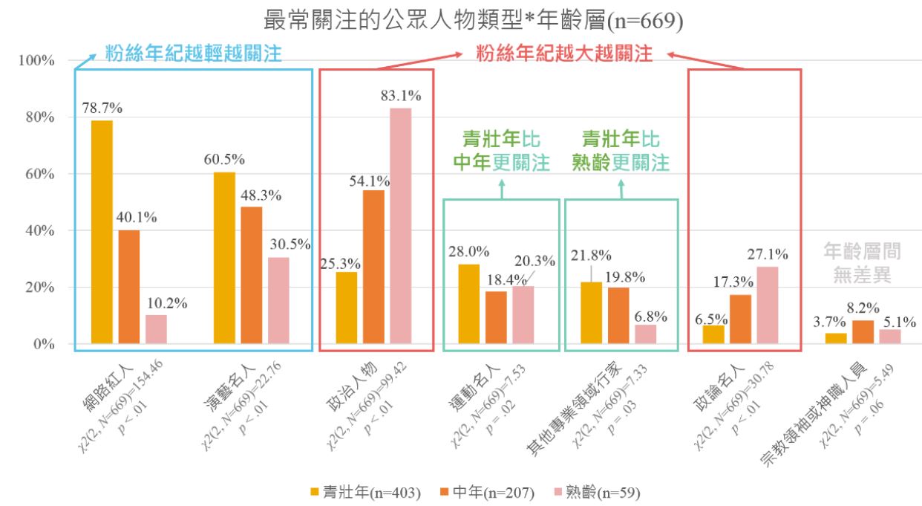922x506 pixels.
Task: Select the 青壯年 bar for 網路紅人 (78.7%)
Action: click(102, 232)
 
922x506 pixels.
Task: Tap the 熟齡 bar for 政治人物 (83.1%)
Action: click(400, 226)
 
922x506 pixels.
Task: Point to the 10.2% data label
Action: click(166, 303)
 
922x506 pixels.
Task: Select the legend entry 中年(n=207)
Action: click(487, 492)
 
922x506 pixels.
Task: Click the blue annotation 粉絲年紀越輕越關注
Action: click(194, 53)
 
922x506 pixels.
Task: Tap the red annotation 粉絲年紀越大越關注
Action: click(564, 54)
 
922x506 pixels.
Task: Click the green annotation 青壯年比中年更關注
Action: click(501, 152)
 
